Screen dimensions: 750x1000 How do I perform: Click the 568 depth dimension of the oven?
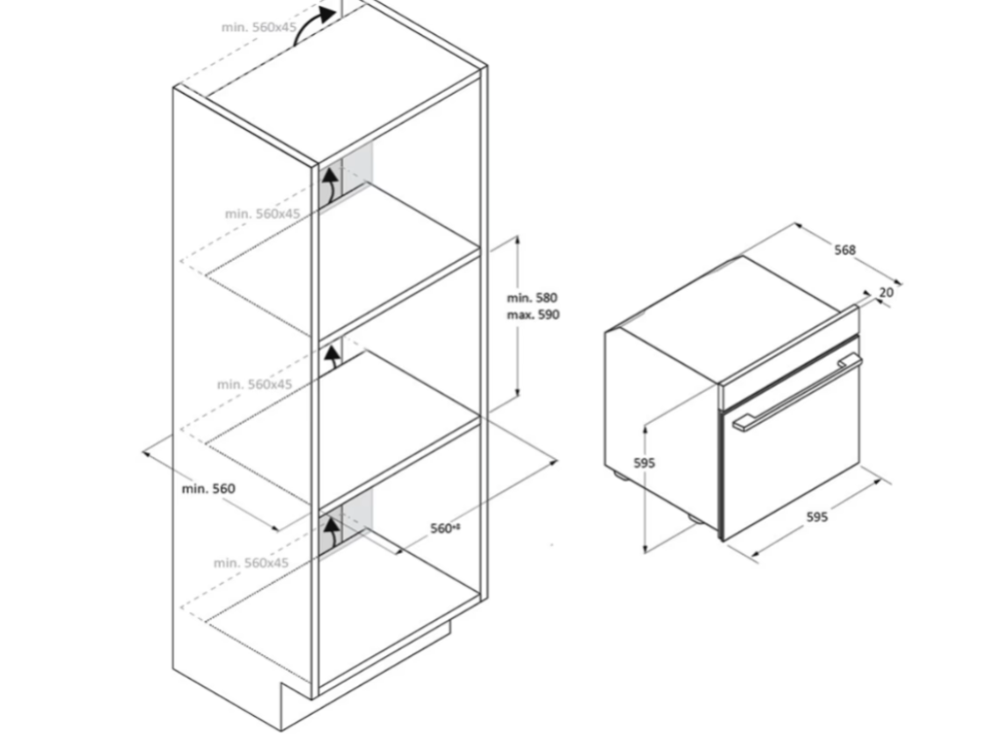[845, 250]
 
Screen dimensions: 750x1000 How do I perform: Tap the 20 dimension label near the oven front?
[886, 292]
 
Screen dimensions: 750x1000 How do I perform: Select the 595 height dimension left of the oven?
[644, 463]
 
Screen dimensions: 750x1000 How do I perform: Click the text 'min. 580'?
[532, 297]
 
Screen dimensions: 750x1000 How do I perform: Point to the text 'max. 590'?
[533, 314]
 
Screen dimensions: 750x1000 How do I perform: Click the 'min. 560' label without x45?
[208, 488]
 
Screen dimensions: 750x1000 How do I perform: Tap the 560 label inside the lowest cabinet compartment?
[444, 527]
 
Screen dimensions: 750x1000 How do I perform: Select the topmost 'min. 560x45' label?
[258, 28]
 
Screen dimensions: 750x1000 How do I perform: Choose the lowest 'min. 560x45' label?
[251, 562]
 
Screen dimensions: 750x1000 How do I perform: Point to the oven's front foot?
[691, 517]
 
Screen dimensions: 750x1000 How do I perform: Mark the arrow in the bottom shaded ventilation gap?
[331, 533]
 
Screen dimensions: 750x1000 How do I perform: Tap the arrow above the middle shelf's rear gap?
[332, 354]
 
